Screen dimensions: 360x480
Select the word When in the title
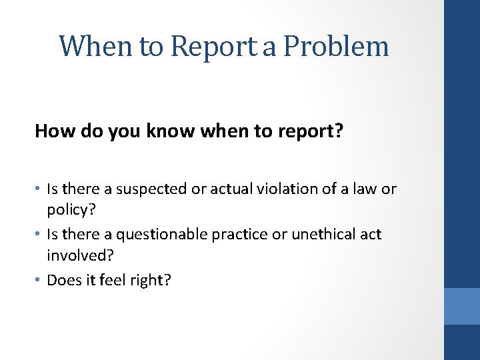[x=97, y=47]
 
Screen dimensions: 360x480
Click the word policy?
[x=70, y=211]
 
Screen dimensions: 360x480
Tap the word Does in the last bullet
[x=63, y=280]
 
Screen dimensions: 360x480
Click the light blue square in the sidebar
[x=462, y=306]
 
